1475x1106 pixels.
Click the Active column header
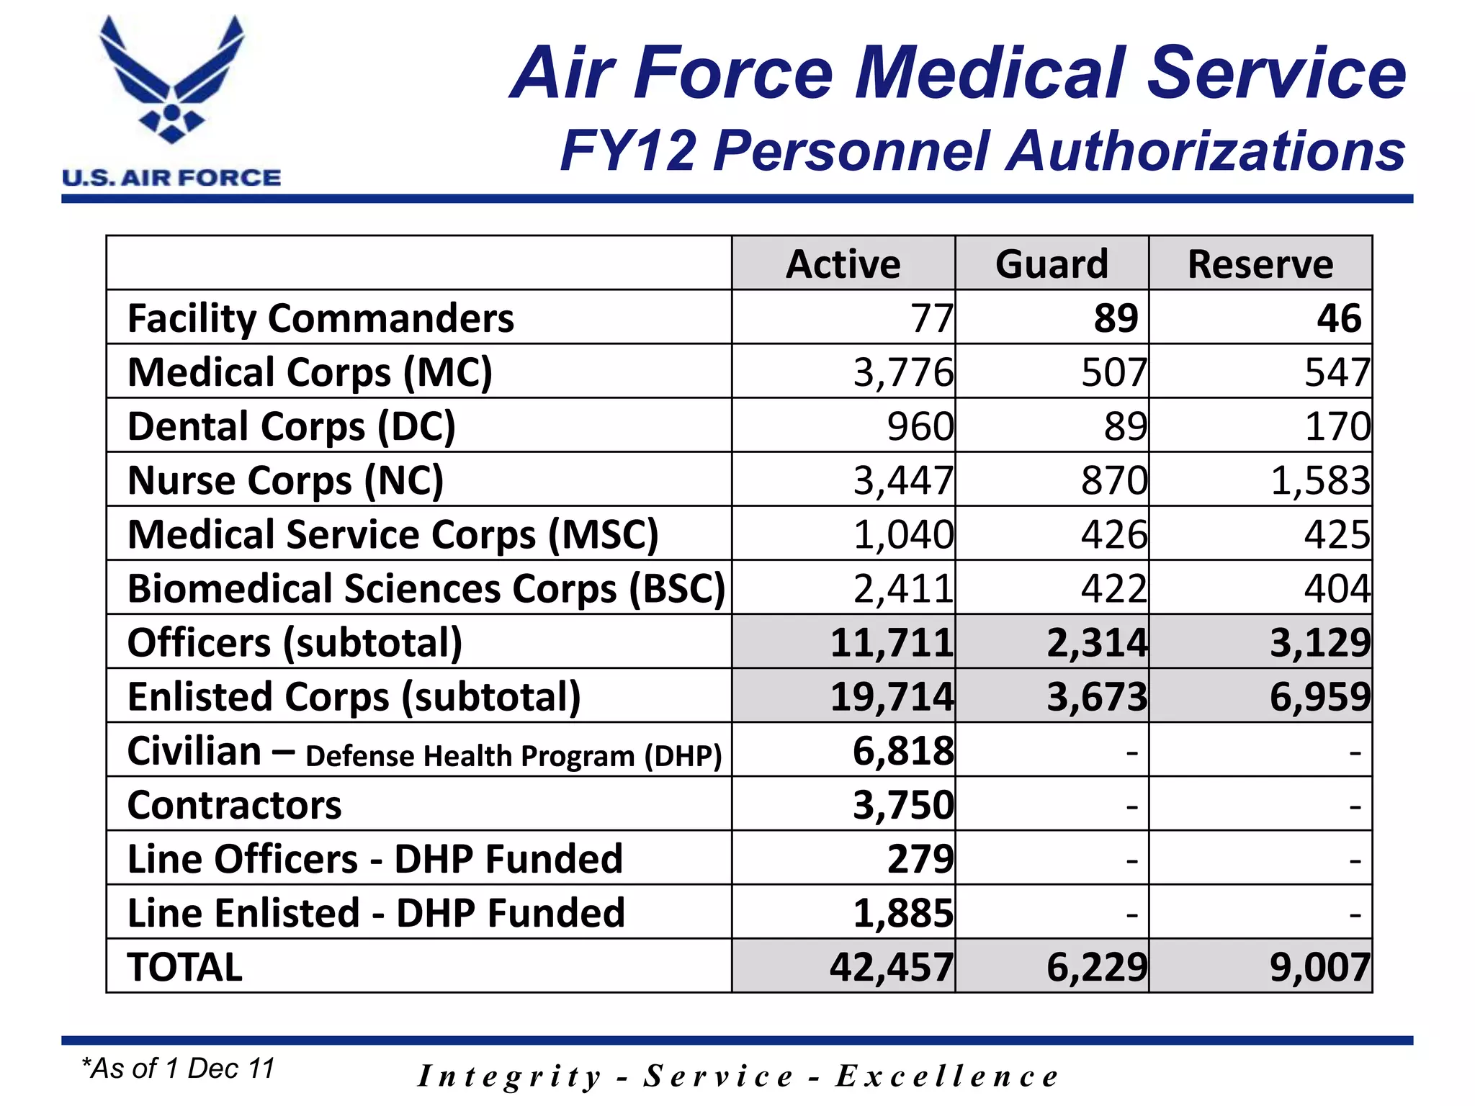pyautogui.click(x=843, y=264)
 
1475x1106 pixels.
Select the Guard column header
pyautogui.click(x=1052, y=264)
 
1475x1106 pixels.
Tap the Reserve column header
pyautogui.click(x=1260, y=264)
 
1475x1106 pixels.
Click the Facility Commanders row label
pyautogui.click(x=320, y=318)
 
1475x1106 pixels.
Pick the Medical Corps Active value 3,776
pyautogui.click(x=903, y=372)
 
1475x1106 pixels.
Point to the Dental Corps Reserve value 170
pyautogui.click(x=1337, y=426)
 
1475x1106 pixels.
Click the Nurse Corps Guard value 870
pyautogui.click(x=1113, y=480)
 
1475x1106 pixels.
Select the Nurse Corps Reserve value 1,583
pyautogui.click(x=1320, y=480)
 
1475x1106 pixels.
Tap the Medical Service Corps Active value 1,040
pyautogui.click(x=903, y=534)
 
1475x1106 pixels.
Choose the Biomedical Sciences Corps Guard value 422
pyautogui.click(x=1113, y=588)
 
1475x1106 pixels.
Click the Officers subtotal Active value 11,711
pyautogui.click(x=892, y=642)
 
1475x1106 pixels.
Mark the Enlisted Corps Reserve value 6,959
pyautogui.click(x=1320, y=696)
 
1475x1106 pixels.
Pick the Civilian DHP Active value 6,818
pyautogui.click(x=903, y=751)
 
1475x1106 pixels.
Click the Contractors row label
pyautogui.click(x=234, y=805)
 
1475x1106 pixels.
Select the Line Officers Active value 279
pyautogui.click(x=920, y=859)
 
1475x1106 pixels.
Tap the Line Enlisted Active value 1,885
pyautogui.click(x=903, y=913)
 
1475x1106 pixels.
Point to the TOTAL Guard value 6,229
pyautogui.click(x=1096, y=967)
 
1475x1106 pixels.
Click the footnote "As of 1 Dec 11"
pyautogui.click(x=179, y=1069)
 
